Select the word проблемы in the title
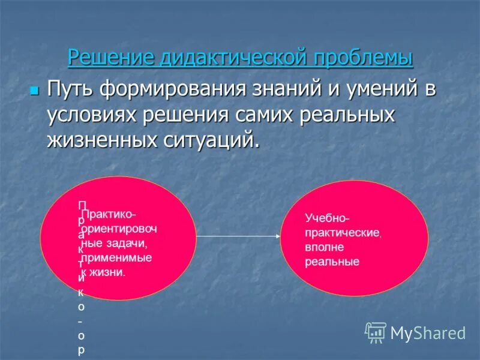tap(364, 58)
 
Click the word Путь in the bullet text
tap(70, 90)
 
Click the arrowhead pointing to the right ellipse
tap(277, 236)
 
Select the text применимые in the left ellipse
tap(117, 257)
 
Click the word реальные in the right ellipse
tap(332, 262)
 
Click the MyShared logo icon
tap(376, 332)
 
